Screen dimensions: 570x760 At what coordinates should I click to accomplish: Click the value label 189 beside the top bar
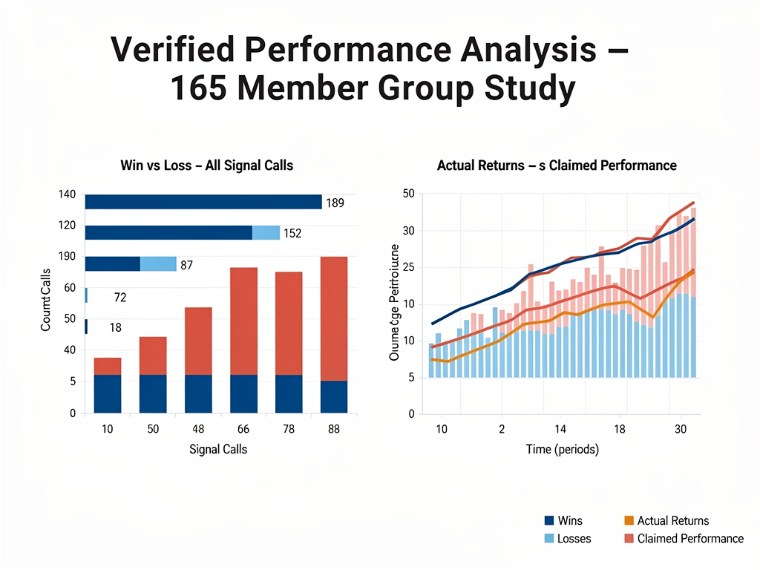[335, 203]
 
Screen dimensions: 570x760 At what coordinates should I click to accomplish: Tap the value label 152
[292, 233]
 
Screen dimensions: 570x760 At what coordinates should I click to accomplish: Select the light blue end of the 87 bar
[158, 264]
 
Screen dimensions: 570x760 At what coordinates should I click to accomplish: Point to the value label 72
[119, 298]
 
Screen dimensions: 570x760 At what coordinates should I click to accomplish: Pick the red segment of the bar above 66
[243, 321]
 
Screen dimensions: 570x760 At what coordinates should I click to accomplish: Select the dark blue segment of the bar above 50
[153, 393]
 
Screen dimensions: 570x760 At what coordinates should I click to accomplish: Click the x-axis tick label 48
[198, 430]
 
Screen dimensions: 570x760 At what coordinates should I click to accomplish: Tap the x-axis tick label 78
[289, 430]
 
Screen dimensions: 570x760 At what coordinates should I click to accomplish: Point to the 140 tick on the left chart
[67, 194]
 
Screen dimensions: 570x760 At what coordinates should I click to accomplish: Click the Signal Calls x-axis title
[218, 449]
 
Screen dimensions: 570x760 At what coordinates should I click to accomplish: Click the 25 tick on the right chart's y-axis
[407, 267]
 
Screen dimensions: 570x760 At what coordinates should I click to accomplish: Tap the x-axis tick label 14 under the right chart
[560, 430]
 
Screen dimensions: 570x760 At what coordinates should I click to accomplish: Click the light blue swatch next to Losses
[550, 538]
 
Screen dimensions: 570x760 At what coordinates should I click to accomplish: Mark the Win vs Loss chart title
[206, 166]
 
